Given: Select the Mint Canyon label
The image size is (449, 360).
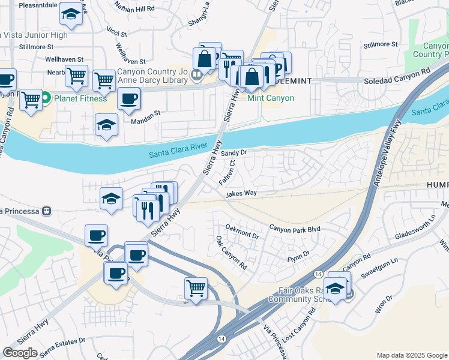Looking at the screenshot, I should coord(271,98).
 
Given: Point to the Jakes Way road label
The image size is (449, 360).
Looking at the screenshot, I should coord(241,193).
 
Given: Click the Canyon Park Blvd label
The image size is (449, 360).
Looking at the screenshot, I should coord(295,229).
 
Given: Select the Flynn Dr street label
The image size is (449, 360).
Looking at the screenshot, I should coord(298,255).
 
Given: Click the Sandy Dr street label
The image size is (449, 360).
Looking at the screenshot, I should coord(234,153).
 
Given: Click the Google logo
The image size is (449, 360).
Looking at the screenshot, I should coord(20,353).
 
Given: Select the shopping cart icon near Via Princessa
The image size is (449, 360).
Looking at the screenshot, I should coord(196,288).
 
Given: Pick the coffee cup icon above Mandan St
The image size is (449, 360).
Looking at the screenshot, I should coord(128,99).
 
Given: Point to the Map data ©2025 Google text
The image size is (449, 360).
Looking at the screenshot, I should coord(411,355).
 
